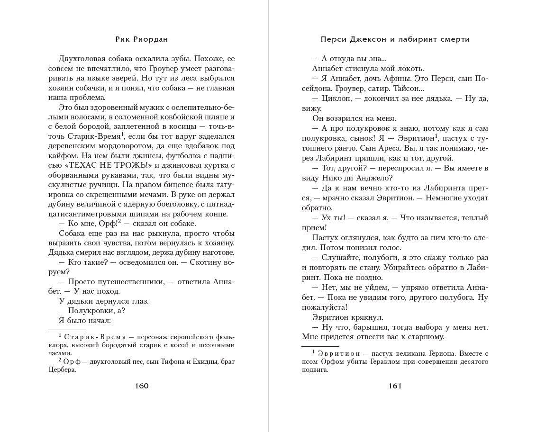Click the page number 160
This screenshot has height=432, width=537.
pyautogui.click(x=142, y=386)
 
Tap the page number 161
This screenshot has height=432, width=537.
pyautogui.click(x=395, y=386)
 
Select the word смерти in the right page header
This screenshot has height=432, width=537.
pyautogui.click(x=455, y=39)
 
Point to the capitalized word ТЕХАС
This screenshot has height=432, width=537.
pyautogui.click(x=84, y=165)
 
